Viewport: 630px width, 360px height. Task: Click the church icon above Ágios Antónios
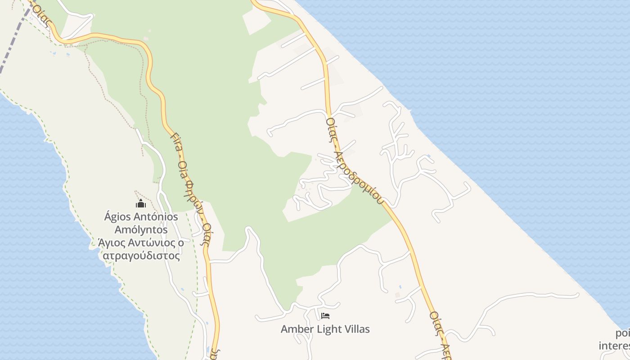[141, 204]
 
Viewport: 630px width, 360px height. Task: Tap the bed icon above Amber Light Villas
[325, 316]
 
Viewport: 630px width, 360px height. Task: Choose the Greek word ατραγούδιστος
[141, 256]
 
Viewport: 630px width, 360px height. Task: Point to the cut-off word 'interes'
[615, 346]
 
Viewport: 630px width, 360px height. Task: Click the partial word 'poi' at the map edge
[623, 333]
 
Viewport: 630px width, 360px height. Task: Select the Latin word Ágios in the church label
[117, 216]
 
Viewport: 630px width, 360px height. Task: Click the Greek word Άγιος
[111, 243]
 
